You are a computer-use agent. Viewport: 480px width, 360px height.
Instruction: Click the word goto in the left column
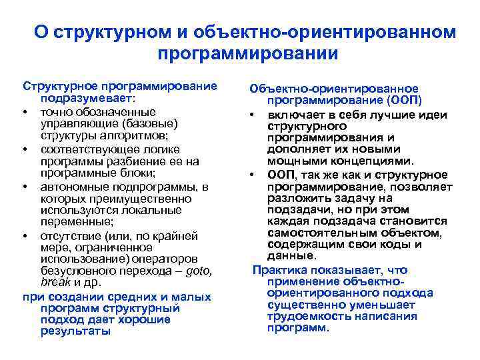click(x=200, y=271)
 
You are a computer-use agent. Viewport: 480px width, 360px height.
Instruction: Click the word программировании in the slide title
click(x=249, y=53)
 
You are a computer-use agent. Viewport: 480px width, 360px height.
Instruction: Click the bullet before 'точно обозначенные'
click(x=25, y=112)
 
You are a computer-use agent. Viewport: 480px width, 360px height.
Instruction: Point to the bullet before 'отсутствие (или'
click(x=25, y=235)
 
